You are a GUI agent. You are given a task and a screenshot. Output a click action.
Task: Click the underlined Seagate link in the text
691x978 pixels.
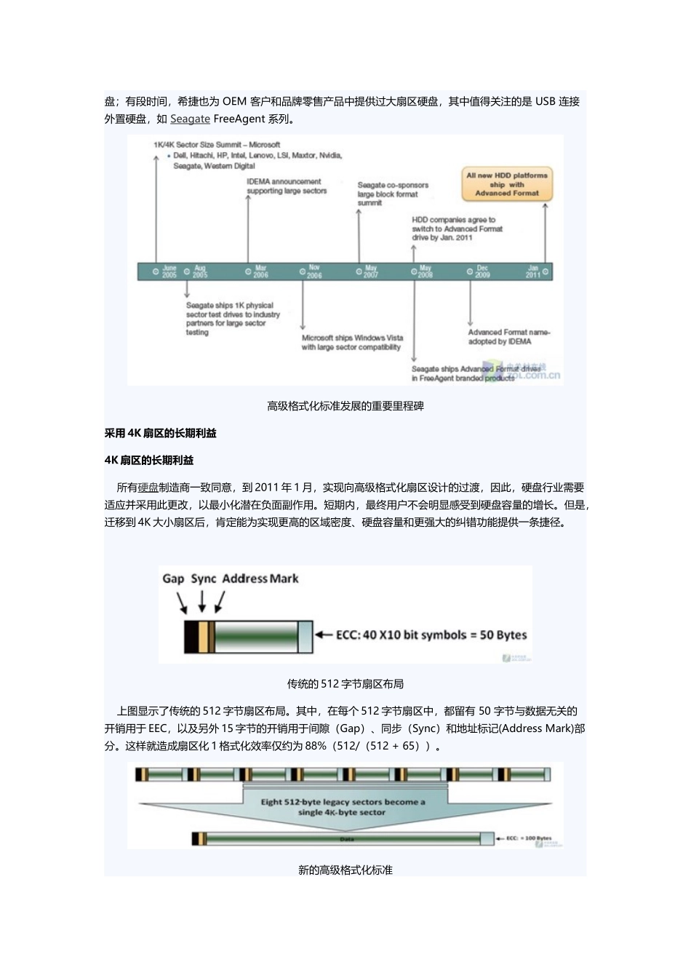190,119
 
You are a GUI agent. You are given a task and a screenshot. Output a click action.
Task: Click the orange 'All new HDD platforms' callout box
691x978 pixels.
507,184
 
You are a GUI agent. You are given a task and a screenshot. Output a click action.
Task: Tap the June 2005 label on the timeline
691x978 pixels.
169,271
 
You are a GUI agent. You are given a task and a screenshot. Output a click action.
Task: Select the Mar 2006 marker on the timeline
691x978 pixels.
260,271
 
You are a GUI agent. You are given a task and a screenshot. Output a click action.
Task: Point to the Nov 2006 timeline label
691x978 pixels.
313,271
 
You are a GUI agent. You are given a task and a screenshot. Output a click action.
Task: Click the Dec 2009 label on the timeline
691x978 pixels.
482,271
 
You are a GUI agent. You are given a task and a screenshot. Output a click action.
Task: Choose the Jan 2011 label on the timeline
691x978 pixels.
534,271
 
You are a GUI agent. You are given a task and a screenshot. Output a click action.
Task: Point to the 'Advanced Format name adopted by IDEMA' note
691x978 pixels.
508,337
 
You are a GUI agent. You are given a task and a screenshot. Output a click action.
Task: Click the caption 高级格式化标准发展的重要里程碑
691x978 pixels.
345,406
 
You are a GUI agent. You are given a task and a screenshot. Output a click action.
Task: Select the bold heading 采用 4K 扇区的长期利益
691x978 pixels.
161,433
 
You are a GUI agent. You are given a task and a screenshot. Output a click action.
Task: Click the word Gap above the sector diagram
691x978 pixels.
173,579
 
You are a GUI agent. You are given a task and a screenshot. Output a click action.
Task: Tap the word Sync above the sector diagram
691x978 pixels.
204,579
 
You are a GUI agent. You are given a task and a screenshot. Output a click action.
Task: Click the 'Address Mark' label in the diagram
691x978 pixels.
260,579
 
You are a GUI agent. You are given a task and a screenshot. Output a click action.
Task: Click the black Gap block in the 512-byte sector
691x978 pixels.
191,635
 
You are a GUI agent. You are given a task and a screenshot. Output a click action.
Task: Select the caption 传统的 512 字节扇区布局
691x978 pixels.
345,684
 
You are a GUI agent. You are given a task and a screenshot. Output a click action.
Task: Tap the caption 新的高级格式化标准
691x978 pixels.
345,870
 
